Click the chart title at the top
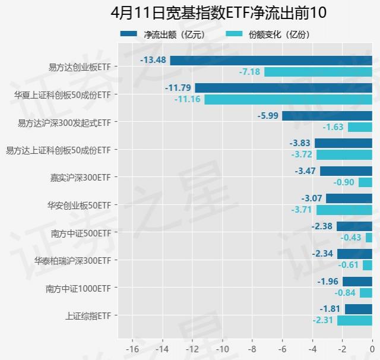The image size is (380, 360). pyautogui.click(x=218, y=13)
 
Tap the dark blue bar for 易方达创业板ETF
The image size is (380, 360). pyautogui.click(x=271, y=61)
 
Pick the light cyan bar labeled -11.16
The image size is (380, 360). pyautogui.click(x=288, y=99)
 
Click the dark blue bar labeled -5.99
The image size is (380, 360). pyautogui.click(x=327, y=116)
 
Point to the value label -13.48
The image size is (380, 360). pyautogui.click(x=153, y=61)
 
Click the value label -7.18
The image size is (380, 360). pyautogui.click(x=249, y=72)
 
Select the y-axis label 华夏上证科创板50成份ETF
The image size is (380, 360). pyautogui.click(x=62, y=95)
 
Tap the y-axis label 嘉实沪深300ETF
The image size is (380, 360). pyautogui.click(x=81, y=177)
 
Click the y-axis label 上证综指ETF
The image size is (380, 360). pyautogui.click(x=88, y=315)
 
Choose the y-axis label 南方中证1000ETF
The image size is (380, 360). pyautogui.click(x=78, y=288)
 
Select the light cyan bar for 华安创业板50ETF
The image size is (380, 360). pyautogui.click(x=344, y=210)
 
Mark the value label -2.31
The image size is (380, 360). pyautogui.click(x=324, y=321)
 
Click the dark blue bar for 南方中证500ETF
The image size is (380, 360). pyautogui.click(x=354, y=226)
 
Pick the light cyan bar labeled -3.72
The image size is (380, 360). pyautogui.click(x=344, y=154)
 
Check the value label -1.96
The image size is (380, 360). pyautogui.click(x=328, y=282)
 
